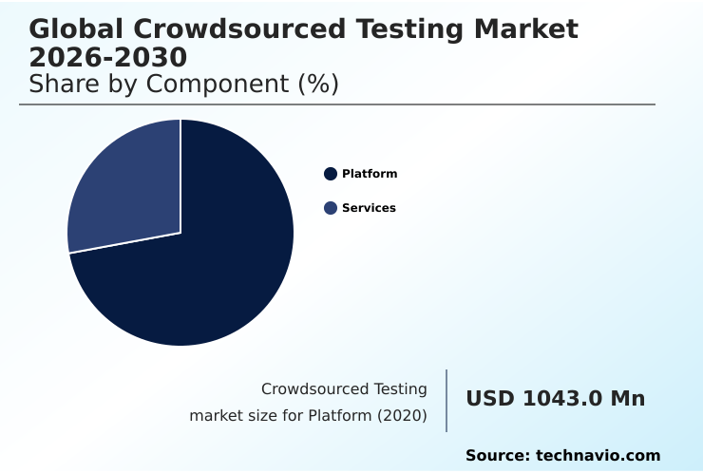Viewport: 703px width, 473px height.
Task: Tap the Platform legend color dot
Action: [x=331, y=174]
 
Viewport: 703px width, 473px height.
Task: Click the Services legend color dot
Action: [x=331, y=208]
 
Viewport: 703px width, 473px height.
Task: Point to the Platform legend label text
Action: [x=370, y=174]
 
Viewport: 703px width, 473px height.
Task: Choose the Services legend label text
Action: [x=369, y=208]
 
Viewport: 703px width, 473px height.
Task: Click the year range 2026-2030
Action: [x=108, y=56]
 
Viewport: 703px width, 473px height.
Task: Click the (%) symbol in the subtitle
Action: [x=318, y=84]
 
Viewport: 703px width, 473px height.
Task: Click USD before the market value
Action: [x=490, y=399]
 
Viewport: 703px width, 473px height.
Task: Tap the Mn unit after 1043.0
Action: [x=628, y=399]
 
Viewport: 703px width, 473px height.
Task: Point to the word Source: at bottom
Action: [x=497, y=456]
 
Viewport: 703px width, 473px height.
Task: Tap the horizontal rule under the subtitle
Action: [x=337, y=104]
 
